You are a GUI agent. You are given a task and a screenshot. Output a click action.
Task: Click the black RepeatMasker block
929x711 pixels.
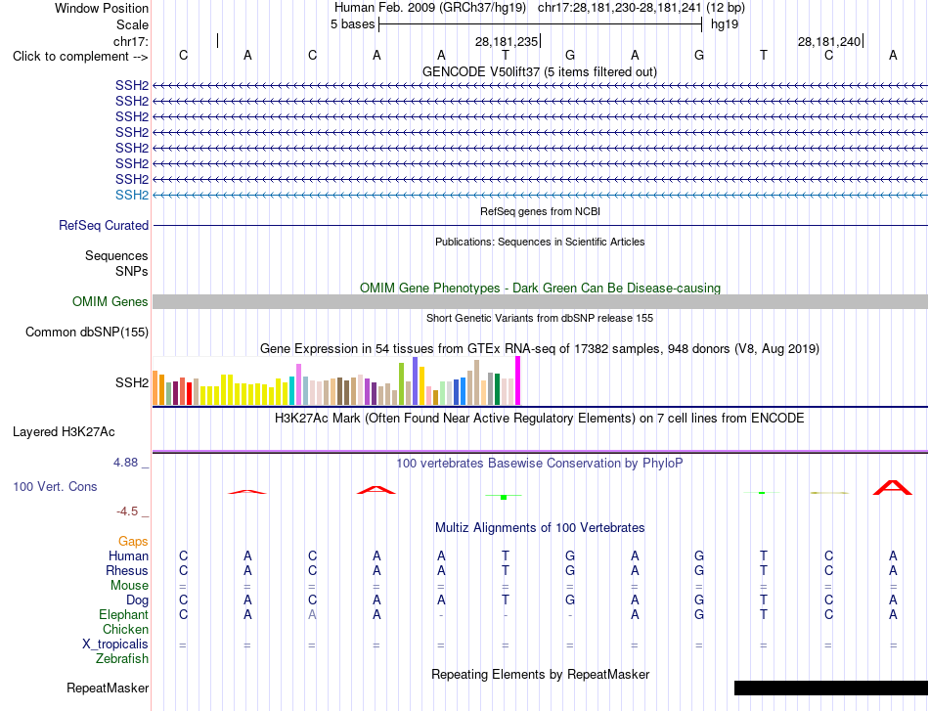coord(831,688)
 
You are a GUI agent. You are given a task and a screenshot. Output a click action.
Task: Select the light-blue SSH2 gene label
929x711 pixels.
coord(132,195)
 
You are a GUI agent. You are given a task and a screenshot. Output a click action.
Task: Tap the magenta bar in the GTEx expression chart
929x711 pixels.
coord(518,380)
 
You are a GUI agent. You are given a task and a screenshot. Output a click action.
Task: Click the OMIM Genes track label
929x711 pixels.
coord(111,301)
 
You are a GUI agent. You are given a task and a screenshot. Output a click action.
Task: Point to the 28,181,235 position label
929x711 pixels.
coord(507,41)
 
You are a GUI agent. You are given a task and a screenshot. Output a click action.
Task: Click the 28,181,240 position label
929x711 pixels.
coord(829,41)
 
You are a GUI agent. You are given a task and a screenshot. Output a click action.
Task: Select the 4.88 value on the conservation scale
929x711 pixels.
coord(125,463)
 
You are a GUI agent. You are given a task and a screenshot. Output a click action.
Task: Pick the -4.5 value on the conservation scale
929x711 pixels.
coord(127,511)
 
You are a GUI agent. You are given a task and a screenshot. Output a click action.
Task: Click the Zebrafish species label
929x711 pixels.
coord(122,659)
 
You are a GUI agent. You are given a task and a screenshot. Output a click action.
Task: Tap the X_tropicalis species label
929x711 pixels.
coord(115,644)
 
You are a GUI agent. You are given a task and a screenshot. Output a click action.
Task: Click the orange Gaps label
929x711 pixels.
coord(133,542)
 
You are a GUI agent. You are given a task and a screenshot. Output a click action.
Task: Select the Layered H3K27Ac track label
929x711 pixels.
coord(64,432)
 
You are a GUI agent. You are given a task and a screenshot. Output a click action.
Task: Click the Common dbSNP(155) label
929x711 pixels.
coord(87,332)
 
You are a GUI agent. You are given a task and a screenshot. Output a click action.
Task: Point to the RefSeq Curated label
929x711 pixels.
coord(104,226)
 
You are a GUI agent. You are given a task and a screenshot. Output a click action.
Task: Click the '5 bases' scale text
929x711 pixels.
coord(352,24)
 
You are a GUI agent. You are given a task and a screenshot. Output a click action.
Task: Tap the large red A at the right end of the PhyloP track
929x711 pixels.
coord(893,488)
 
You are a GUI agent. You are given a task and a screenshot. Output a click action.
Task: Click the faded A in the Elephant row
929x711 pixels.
coord(312,615)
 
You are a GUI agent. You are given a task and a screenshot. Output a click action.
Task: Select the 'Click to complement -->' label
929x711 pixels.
coord(80,57)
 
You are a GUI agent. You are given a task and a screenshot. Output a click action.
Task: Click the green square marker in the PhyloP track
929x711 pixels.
coord(504,498)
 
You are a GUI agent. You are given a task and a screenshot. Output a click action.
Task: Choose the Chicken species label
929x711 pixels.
coord(125,629)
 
